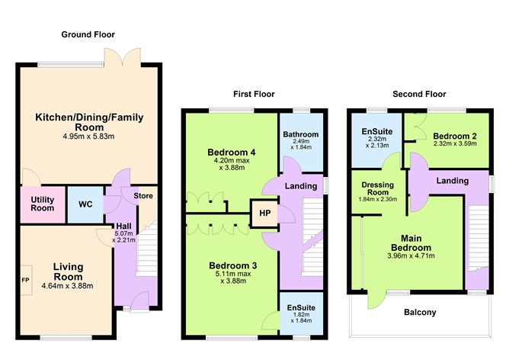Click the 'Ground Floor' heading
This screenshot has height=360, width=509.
click(x=88, y=34)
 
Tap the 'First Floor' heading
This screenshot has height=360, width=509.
click(x=254, y=94)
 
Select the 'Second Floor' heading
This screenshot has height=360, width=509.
click(x=418, y=94)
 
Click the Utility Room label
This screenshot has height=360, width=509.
click(x=43, y=203)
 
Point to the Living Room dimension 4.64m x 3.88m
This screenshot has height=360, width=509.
click(x=67, y=286)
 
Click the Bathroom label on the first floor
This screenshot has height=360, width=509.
click(x=300, y=135)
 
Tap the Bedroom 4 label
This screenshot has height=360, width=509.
click(x=231, y=153)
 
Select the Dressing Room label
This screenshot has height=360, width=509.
click(x=377, y=188)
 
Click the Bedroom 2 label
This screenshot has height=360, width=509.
click(x=450, y=134)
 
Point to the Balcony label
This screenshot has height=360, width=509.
click(x=417, y=312)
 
